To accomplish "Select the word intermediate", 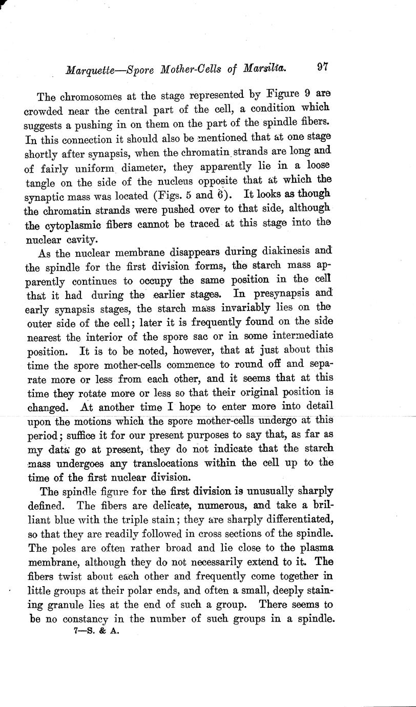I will [300, 336].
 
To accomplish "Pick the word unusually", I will [271, 490].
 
